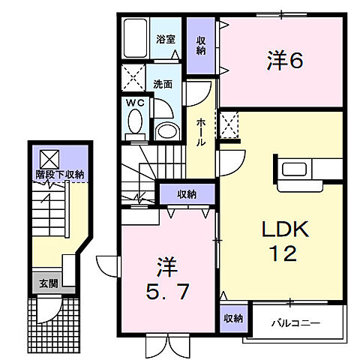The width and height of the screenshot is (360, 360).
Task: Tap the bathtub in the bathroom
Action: click(138, 38)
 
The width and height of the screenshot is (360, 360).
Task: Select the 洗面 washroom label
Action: click(163, 84)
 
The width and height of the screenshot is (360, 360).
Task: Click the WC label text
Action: click(135, 102)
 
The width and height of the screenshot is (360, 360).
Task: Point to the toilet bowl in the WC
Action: click(136, 121)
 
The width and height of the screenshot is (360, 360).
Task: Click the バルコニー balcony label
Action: click(295, 323)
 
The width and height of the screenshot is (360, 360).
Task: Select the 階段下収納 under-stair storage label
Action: click(59, 174)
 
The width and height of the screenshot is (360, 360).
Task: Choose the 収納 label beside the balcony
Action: click(233, 318)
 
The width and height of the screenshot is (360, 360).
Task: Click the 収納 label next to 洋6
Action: click(201, 44)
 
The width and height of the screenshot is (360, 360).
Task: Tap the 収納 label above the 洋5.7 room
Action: click(187, 194)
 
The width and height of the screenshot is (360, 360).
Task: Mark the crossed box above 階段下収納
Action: click(49, 157)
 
